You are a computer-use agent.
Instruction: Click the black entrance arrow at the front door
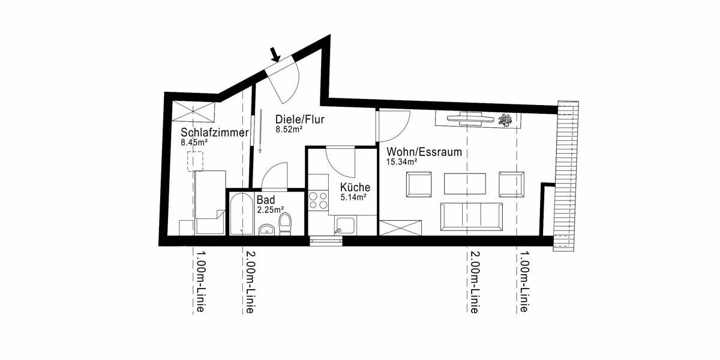coord(275,55)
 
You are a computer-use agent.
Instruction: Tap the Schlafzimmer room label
coord(214,133)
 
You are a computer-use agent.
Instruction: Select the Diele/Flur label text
coord(300,119)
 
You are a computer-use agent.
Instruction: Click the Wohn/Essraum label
coord(424,152)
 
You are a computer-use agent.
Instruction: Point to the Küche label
coord(355,187)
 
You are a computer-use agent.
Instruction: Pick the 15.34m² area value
coord(402,162)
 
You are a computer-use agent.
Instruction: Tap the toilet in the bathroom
coord(285,223)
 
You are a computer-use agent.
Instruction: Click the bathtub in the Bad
coord(241,214)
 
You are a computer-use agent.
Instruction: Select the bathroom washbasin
coord(266,229)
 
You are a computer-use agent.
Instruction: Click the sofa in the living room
coord(471,217)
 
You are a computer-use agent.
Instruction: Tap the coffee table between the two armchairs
coord(465,184)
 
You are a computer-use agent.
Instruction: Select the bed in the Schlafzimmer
coord(209,202)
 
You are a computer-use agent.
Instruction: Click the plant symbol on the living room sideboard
coord(505,120)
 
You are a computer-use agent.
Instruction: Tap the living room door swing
coord(392,126)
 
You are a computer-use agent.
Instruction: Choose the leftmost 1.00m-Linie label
coord(200,282)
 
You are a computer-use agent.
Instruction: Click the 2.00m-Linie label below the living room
coord(474,282)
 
